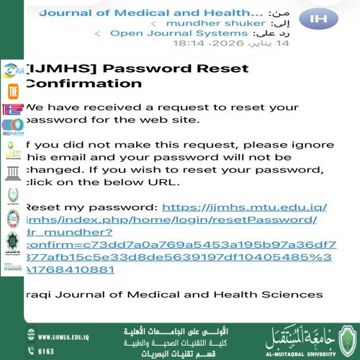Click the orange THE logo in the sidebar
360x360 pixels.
point(12,91)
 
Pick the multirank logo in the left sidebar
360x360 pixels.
point(12,128)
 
